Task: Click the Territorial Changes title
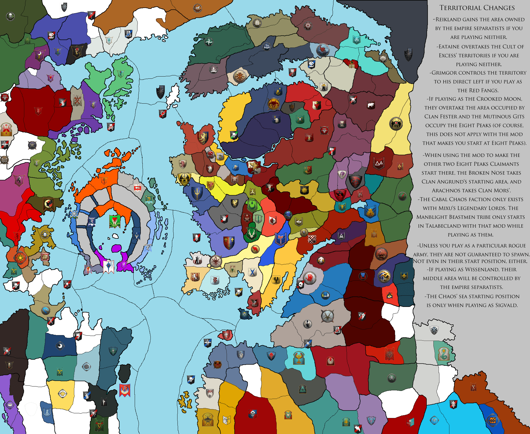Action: coord(477,8)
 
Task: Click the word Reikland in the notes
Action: coord(448,20)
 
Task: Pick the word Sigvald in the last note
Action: coord(506,305)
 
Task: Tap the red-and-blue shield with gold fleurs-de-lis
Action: coord(229,242)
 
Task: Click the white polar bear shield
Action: coord(370,105)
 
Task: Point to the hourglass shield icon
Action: coord(342,124)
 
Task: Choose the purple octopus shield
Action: coord(342,175)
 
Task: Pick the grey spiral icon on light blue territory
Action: coord(86,367)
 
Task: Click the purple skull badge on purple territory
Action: coord(10,405)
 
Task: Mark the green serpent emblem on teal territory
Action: coord(444,354)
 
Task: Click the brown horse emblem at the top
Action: coord(197,8)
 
